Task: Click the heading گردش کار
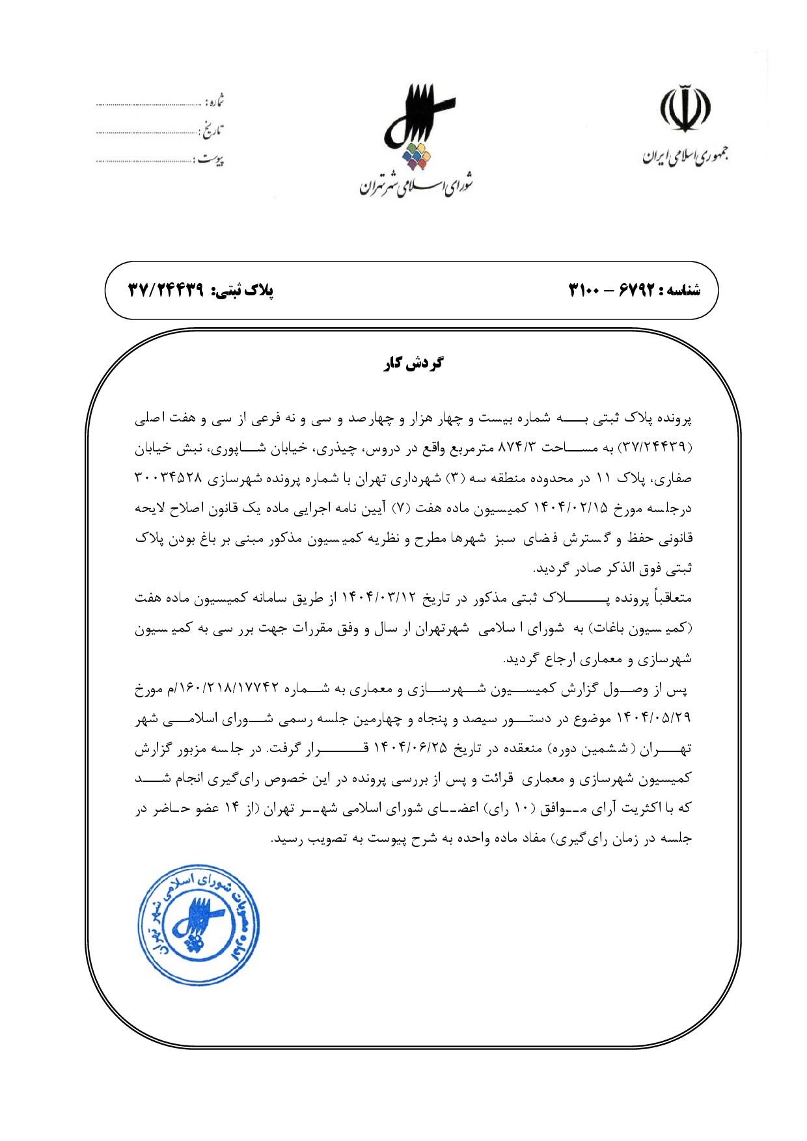pyautogui.click(x=413, y=363)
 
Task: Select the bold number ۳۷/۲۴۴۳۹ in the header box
pyautogui.click(x=165, y=289)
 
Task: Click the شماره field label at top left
pyautogui.click(x=215, y=102)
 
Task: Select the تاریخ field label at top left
pyautogui.click(x=212, y=131)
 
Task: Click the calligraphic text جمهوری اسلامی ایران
pyautogui.click(x=685, y=156)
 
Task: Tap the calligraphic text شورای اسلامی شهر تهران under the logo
pyautogui.click(x=417, y=186)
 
